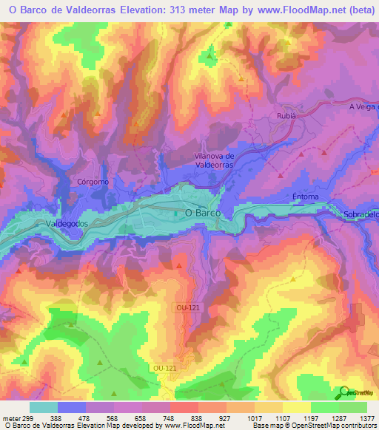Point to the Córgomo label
93,181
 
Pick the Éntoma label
305,197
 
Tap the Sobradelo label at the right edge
360,214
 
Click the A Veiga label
363,106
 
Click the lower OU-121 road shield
164,367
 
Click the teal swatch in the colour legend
44,407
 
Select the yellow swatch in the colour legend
296,407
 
